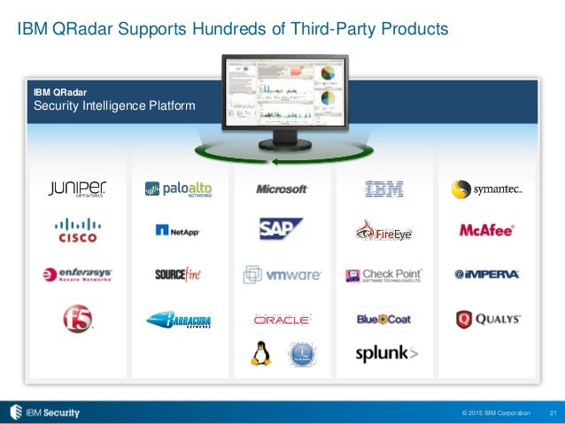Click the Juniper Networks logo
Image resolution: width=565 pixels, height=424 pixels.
(x=77, y=189)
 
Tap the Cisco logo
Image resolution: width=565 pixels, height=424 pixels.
(x=78, y=230)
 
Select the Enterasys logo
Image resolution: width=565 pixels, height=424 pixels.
(x=78, y=275)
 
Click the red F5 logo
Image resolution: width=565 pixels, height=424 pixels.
(x=78, y=318)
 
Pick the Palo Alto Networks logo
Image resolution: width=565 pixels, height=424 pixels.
(x=178, y=189)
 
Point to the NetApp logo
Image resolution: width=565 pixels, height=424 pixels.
(x=178, y=231)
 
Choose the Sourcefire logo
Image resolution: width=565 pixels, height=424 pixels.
(x=178, y=274)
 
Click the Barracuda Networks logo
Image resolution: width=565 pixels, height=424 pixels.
(x=178, y=320)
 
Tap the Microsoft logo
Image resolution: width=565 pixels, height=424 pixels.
(x=282, y=189)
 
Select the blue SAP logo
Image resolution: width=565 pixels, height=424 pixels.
(x=282, y=229)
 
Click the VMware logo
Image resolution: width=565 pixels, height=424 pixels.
(x=282, y=275)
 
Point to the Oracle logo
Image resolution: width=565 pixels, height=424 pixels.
(x=282, y=320)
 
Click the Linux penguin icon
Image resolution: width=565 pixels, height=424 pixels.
(x=260, y=354)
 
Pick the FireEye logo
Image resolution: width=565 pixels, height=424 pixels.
(x=384, y=232)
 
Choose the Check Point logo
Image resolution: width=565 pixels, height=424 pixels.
(x=383, y=275)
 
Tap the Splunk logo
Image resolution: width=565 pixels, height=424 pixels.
(x=385, y=353)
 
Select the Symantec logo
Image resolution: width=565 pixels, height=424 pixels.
(x=486, y=189)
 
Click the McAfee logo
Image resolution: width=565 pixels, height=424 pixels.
(x=486, y=231)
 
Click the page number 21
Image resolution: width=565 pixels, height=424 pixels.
(x=553, y=412)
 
